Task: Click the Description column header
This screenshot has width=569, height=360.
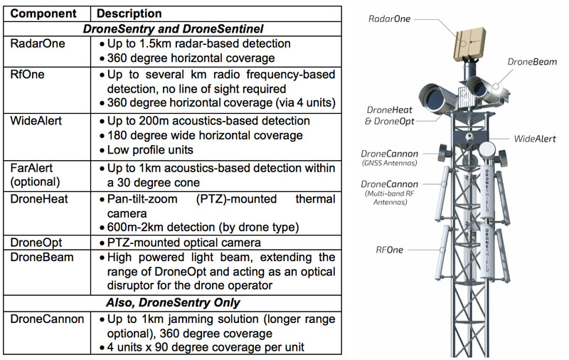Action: [129, 14]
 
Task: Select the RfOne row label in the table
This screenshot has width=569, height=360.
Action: [27, 73]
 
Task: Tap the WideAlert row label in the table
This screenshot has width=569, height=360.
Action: [36, 120]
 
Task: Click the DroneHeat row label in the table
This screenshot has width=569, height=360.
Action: [38, 198]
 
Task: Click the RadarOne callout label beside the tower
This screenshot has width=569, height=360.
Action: [390, 16]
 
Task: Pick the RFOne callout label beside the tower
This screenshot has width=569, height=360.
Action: [390, 250]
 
